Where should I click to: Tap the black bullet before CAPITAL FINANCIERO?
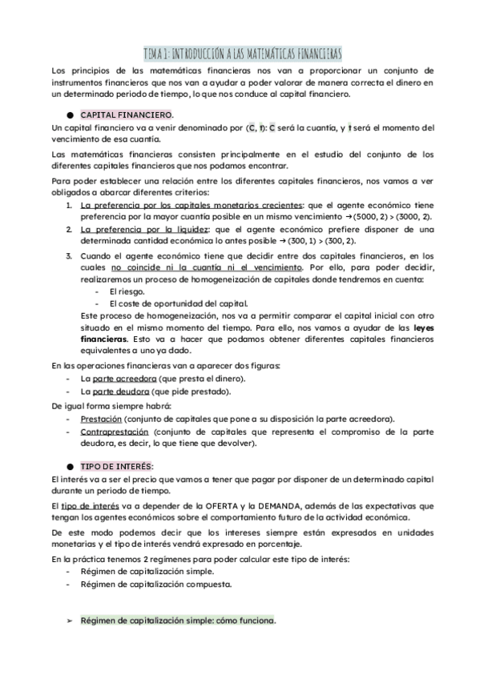pos(71,115)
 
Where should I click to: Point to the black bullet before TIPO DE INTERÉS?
pos(71,465)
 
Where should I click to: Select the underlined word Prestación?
pos(101,418)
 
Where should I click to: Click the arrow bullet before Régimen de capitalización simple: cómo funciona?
pos(71,621)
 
